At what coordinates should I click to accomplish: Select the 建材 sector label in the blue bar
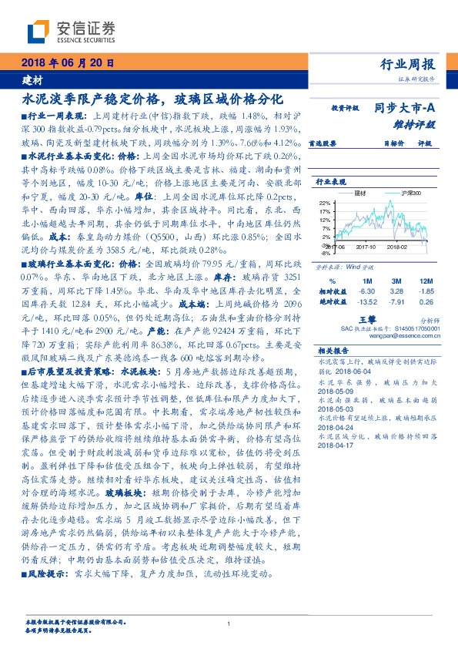(32, 79)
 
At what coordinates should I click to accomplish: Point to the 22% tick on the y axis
(323, 202)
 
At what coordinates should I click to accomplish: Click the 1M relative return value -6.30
(366, 292)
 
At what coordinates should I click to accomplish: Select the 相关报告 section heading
(335, 350)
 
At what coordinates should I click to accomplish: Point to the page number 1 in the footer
(229, 624)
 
